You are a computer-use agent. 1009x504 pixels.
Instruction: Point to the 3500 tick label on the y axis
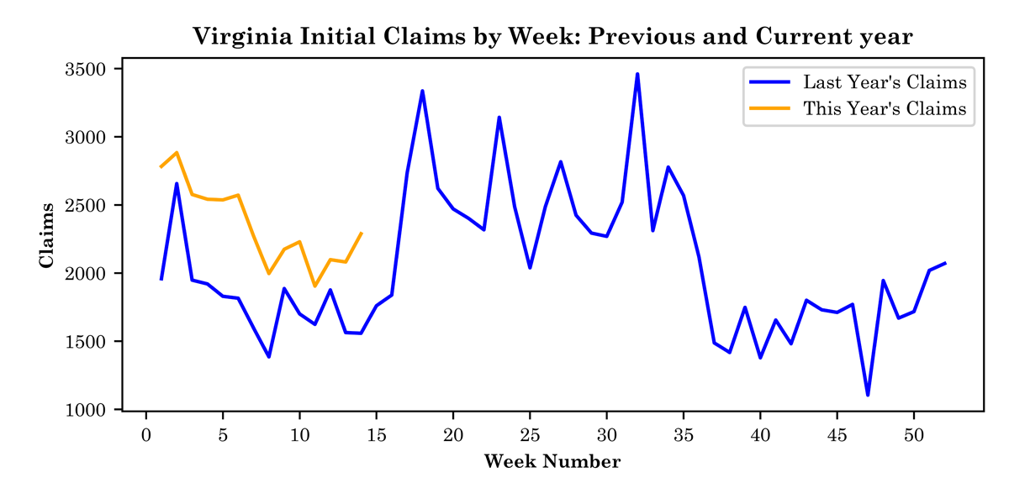point(83,69)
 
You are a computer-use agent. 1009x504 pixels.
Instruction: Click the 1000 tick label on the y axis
point(83,410)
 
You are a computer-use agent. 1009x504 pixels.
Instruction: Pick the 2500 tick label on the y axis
point(83,205)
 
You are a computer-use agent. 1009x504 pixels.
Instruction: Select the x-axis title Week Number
point(552,461)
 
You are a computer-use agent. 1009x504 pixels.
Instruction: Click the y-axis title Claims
point(47,234)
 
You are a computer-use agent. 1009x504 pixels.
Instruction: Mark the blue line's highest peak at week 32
point(637,74)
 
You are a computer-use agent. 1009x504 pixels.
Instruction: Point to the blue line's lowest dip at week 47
point(868,395)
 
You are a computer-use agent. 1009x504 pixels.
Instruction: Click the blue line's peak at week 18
point(422,91)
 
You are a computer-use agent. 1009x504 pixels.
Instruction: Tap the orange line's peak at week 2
point(177,152)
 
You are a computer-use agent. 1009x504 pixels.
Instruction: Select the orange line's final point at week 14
point(361,234)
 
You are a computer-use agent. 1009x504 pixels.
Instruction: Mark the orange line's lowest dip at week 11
point(314,286)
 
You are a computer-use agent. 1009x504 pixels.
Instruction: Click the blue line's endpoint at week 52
point(944,263)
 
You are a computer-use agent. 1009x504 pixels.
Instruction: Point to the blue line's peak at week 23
point(499,118)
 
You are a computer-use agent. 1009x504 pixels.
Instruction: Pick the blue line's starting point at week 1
point(161,279)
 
